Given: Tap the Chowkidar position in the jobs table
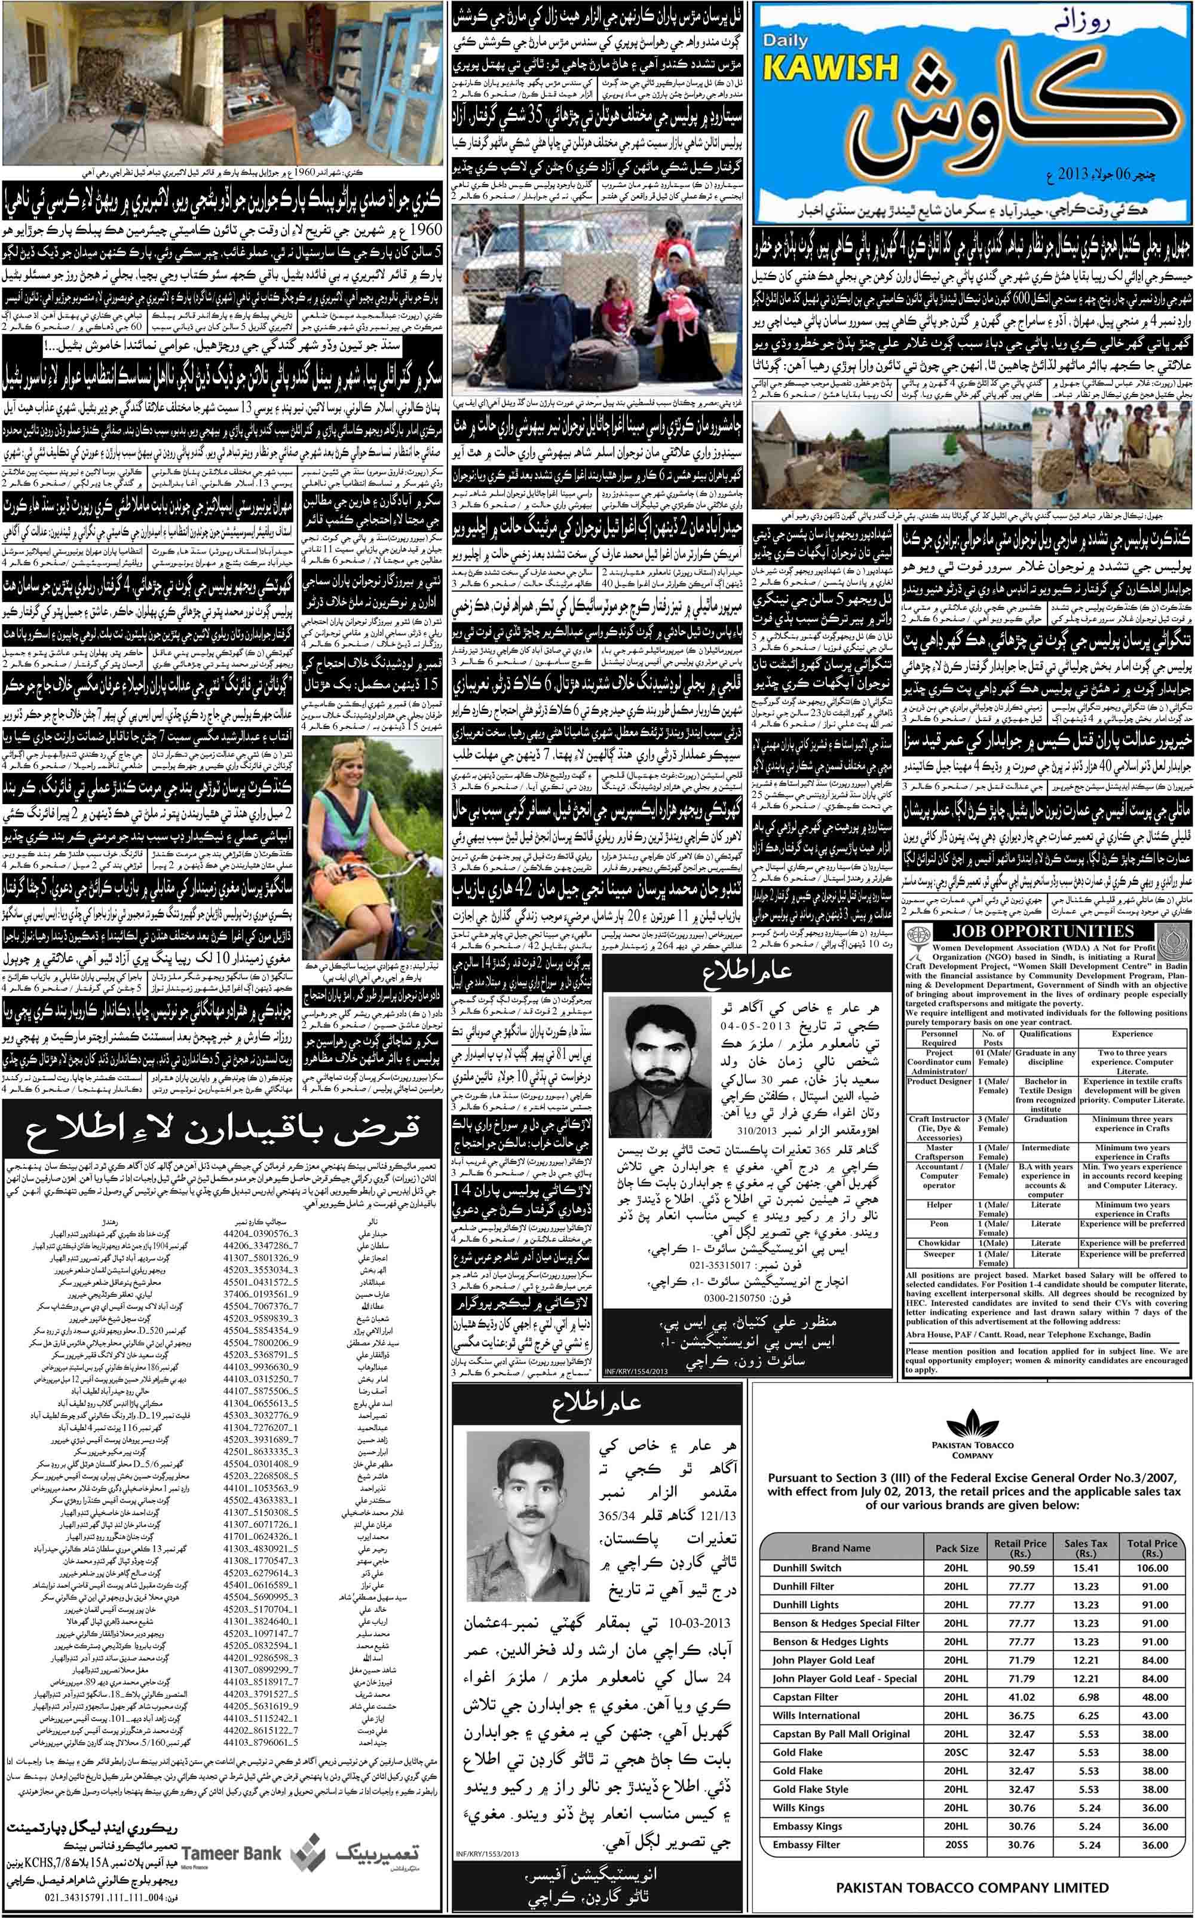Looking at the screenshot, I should (x=939, y=1242).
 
